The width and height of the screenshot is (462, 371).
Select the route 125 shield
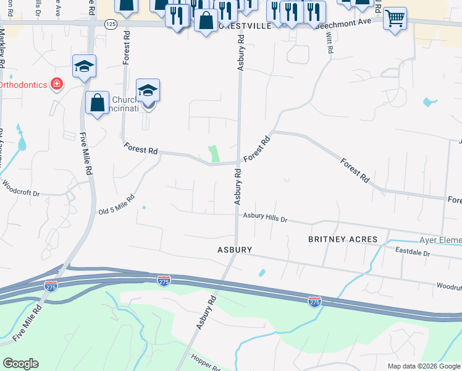pyautogui.click(x=110, y=23)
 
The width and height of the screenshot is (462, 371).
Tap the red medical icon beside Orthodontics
pyautogui.click(x=57, y=83)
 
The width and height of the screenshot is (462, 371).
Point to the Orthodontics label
pyautogui.click(x=23, y=84)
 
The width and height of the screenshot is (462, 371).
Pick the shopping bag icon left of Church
pyautogui.click(x=97, y=103)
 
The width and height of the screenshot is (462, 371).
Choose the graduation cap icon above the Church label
pyautogui.click(x=148, y=91)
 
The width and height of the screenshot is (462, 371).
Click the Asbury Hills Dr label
pyautogui.click(x=265, y=217)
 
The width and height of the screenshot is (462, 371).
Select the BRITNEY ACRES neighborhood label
pyautogui.click(x=342, y=239)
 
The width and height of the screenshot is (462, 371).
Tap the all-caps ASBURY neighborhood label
pyautogui.click(x=234, y=250)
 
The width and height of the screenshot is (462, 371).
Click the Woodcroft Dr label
pyautogui.click(x=20, y=188)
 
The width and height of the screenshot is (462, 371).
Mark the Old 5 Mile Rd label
pyautogui.click(x=117, y=205)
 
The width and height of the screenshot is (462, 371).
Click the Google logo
pyautogui.click(x=20, y=364)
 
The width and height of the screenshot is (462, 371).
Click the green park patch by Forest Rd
pyautogui.click(x=214, y=154)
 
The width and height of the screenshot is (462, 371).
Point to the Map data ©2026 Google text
pyautogui.click(x=424, y=366)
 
